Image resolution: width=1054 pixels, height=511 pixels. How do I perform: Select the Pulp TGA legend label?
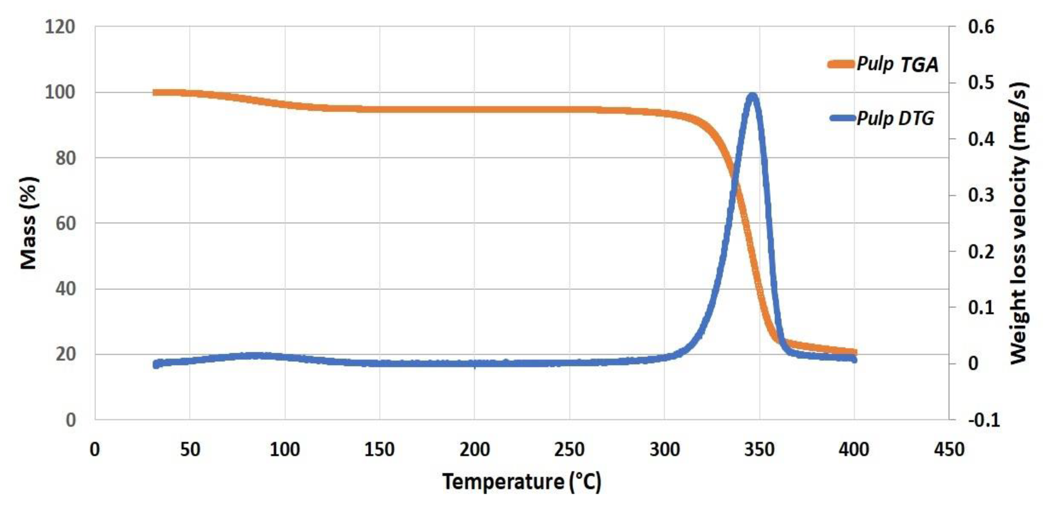click(897, 64)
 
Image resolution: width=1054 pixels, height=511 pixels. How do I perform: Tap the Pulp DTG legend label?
click(895, 118)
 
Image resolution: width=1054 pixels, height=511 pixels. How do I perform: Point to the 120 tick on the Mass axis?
click(60, 27)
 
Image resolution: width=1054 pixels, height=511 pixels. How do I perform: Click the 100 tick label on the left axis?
click(60, 93)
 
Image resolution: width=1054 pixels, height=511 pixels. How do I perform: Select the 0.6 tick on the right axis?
click(981, 27)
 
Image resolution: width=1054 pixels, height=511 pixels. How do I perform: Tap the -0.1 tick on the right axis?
click(983, 420)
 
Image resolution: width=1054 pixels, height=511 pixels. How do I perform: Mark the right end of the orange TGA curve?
click(854, 352)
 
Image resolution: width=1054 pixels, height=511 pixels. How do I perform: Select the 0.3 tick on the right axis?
click(981, 195)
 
